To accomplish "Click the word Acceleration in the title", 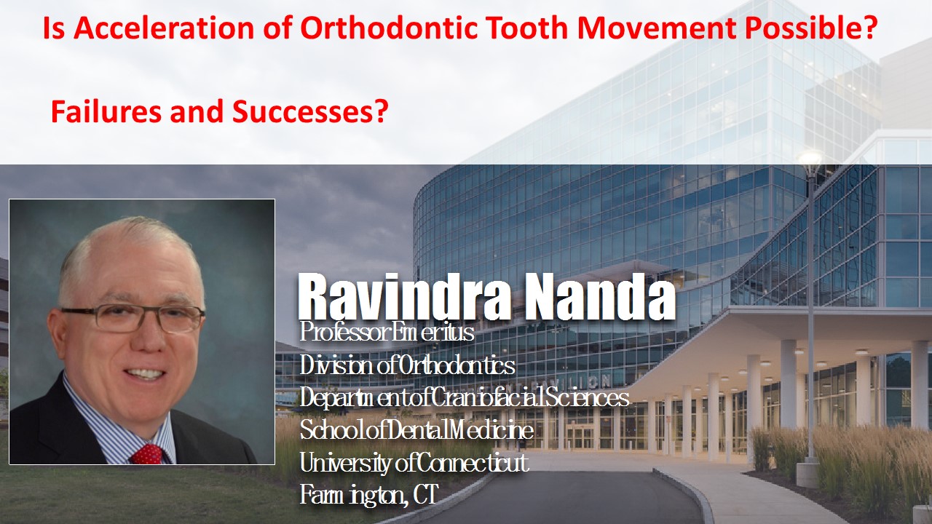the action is tap(164, 28).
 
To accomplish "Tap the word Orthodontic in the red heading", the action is tap(389, 28).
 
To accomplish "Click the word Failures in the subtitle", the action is tap(106, 111).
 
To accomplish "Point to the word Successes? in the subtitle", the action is tap(310, 111).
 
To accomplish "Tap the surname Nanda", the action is tap(600, 295).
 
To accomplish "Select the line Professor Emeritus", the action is tap(387, 333).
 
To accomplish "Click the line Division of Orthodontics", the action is tap(407, 366).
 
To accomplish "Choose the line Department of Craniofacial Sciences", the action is tap(464, 397).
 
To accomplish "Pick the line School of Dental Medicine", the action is tap(416, 429).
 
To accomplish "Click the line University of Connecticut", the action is tap(414, 463).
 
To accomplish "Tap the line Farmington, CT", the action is tap(368, 495).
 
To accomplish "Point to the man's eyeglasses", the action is tap(132, 318).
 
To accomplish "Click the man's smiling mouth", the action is tap(146, 373).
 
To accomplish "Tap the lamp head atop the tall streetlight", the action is tap(810, 159).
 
